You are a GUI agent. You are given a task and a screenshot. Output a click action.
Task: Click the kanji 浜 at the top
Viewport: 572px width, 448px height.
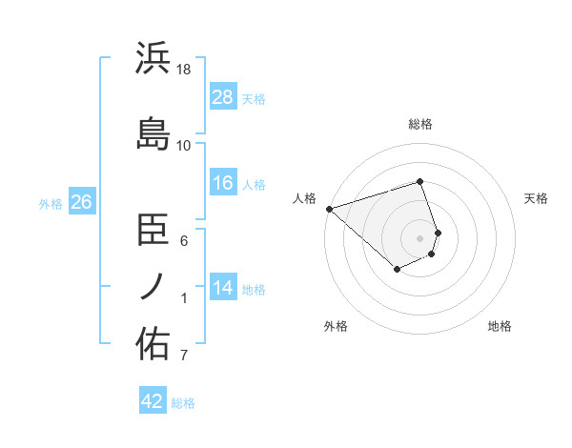tap(153, 58)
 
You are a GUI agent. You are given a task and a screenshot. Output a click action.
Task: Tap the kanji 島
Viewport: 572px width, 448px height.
tap(153, 132)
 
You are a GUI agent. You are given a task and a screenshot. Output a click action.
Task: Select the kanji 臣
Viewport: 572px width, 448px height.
tap(153, 229)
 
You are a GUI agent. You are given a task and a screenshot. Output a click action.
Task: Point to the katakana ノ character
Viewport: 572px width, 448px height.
tap(153, 285)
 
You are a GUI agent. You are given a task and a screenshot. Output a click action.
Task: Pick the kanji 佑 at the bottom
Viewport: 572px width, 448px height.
tap(153, 344)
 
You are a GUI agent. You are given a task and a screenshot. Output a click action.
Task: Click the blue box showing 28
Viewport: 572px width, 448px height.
tap(223, 97)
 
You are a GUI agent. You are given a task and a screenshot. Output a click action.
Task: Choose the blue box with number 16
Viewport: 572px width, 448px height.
tap(223, 183)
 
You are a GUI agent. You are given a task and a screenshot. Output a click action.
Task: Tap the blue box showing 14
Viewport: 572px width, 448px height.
tap(223, 288)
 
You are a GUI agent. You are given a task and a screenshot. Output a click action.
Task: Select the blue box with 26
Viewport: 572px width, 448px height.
tap(82, 202)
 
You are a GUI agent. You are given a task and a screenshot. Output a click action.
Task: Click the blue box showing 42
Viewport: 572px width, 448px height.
tap(153, 401)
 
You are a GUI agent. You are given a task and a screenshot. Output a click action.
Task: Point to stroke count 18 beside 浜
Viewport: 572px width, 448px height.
tap(185, 70)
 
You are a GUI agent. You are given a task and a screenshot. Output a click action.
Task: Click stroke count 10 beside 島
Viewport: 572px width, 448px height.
tap(185, 145)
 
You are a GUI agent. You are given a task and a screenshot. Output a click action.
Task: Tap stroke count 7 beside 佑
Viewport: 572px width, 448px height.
tap(185, 356)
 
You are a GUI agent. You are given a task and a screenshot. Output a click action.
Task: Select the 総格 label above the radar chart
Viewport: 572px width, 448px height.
tap(420, 124)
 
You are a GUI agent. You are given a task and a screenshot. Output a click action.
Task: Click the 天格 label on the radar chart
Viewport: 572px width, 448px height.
tap(537, 198)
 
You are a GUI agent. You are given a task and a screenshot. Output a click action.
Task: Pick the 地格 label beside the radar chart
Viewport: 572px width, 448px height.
tap(500, 326)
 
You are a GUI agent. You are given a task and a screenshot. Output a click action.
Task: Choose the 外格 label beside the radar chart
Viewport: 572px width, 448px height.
tap(336, 326)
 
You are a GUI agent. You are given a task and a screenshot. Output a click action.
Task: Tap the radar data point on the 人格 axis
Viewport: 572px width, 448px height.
tap(329, 209)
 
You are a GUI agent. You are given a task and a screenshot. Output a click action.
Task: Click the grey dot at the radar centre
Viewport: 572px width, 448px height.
tap(420, 238)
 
